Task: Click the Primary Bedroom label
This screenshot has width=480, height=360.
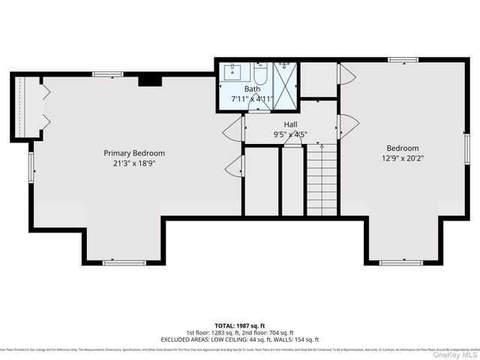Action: pos(134,153)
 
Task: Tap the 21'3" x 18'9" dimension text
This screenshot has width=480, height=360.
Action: pos(134,163)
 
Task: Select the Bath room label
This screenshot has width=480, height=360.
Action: pos(252,88)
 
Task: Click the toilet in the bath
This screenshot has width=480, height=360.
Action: pos(260,75)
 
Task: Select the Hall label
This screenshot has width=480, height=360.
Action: pos(291,124)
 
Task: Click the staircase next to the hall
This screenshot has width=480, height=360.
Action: pos(322,180)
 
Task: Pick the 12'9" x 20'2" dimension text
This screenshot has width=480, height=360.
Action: pos(403,158)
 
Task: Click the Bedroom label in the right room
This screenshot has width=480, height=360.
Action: pos(403,148)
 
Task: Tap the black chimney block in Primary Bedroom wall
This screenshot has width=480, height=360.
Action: pos(149,79)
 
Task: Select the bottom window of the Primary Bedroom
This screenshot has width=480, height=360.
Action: pos(124,262)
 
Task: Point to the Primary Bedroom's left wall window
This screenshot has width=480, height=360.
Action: pos(31,166)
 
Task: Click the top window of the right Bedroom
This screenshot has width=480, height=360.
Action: pos(403,59)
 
